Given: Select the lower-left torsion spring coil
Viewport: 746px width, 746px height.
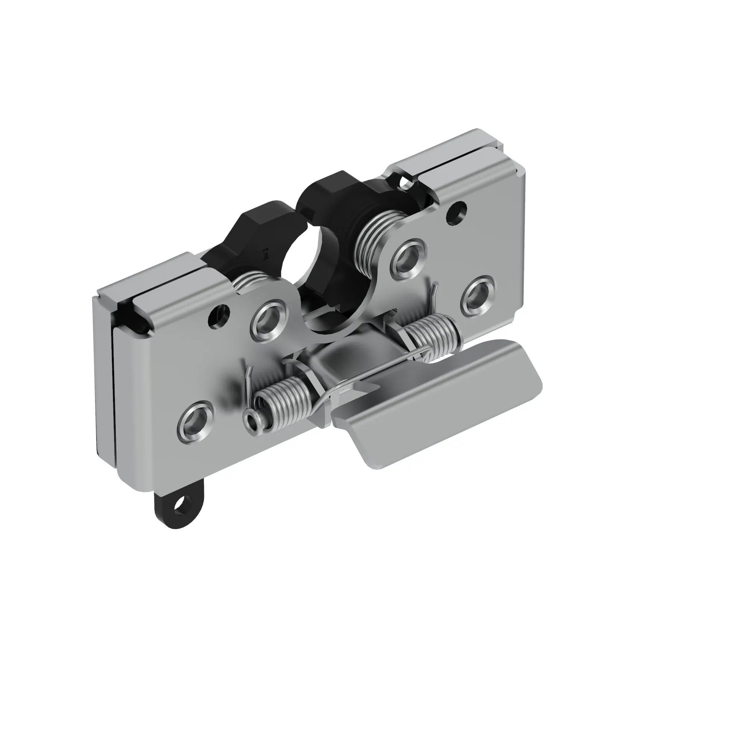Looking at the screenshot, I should pos(280,405).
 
